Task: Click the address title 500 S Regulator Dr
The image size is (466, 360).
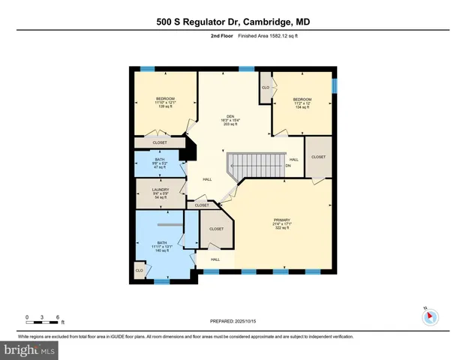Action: point(233,22)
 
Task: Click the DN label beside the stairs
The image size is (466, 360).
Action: point(287,165)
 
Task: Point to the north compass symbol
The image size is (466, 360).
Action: point(430,316)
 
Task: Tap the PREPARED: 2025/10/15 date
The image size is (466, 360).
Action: point(233,320)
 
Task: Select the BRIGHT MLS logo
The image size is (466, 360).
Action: point(29,349)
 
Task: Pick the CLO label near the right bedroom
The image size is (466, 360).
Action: point(266,88)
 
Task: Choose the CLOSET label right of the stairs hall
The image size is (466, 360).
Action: point(318,157)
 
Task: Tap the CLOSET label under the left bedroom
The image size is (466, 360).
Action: point(160,142)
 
